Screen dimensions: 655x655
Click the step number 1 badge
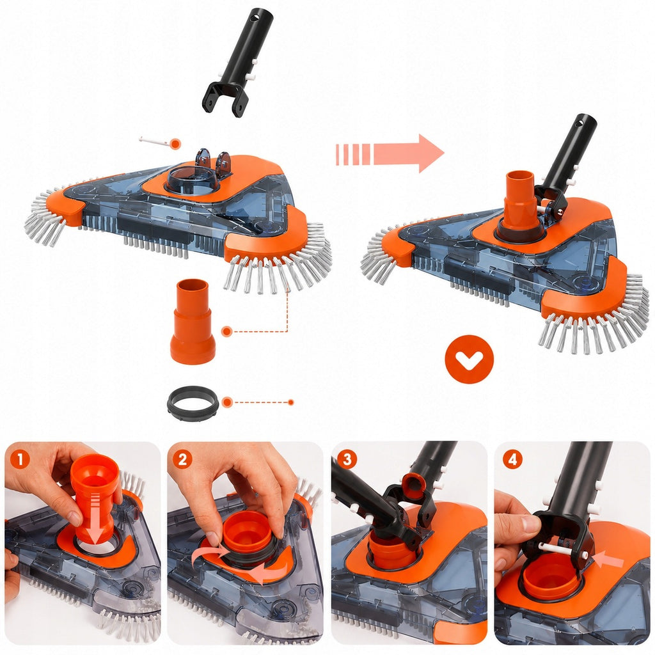(20, 459)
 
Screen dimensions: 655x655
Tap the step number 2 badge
(182, 459)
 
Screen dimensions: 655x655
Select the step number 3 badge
(347, 459)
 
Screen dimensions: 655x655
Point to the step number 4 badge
(512, 459)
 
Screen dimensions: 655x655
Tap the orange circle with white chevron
(469, 359)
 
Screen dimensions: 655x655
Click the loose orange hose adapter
(193, 321)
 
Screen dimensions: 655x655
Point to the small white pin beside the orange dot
(154, 141)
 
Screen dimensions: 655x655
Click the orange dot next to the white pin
(176, 144)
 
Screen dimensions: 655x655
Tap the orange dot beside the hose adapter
(227, 332)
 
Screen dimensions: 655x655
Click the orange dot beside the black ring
(227, 402)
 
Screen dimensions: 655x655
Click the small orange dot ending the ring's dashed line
(291, 402)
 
